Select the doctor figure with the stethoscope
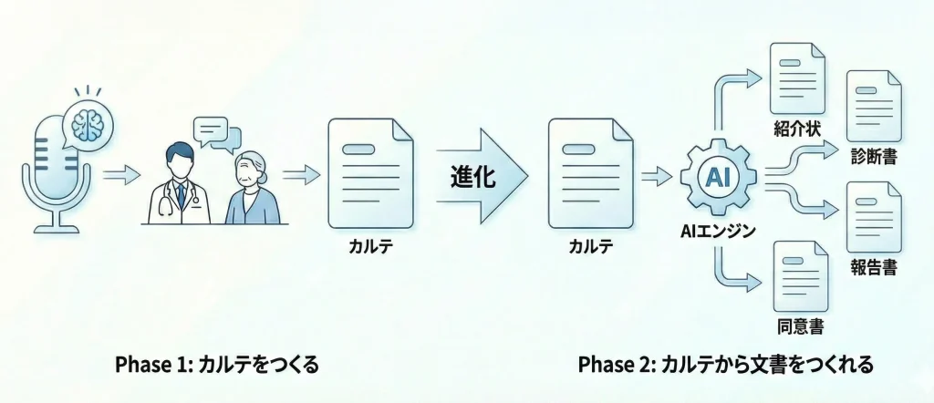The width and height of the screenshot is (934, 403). [179, 184]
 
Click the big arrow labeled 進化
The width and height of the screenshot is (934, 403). [482, 176]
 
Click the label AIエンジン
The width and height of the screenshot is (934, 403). [718, 231]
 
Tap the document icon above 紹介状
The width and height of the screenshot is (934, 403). [797, 78]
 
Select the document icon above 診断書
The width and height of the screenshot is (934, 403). [874, 106]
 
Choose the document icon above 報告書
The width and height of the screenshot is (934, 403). [874, 217]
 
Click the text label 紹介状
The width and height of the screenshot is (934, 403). [797, 129]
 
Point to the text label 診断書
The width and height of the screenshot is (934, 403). [874, 157]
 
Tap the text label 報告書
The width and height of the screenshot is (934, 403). [874, 267]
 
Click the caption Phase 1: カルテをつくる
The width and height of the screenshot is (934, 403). [217, 365]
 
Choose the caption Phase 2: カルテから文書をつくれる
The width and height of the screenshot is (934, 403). [725, 365]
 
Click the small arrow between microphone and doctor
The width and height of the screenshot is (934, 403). [121, 175]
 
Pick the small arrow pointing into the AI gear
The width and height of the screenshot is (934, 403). [658, 176]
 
